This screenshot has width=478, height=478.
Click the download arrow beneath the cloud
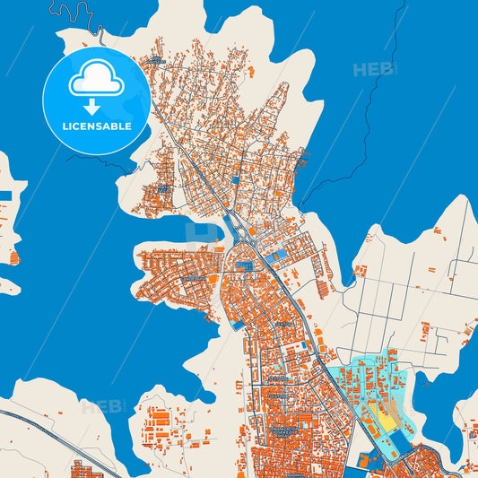coord(96,107)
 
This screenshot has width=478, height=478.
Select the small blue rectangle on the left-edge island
coord(5,196)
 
